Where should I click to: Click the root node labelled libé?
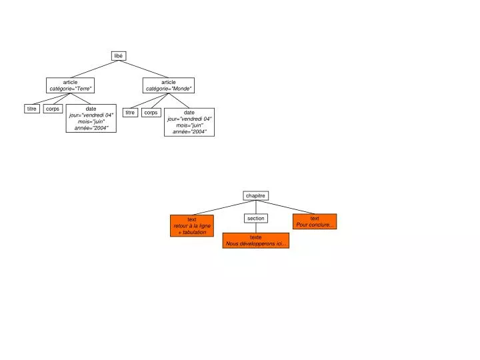(119, 56)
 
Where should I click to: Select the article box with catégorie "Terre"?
(70, 85)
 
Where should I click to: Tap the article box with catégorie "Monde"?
(169, 85)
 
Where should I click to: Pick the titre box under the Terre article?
(32, 109)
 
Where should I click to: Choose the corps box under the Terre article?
(53, 109)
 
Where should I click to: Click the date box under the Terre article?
(91, 118)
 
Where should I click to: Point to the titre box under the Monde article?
(130, 113)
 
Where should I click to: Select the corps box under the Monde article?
(151, 113)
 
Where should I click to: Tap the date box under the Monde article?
(189, 122)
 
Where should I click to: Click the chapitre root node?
(256, 195)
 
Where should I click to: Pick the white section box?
(256, 218)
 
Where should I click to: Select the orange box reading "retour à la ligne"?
(192, 225)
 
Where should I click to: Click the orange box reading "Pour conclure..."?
(315, 221)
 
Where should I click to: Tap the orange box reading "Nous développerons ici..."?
(256, 241)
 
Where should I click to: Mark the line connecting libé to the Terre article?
(95, 69)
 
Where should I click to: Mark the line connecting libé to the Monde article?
(143, 69)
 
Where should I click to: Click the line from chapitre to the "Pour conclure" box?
(285, 207)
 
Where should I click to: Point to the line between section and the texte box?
(256, 228)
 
